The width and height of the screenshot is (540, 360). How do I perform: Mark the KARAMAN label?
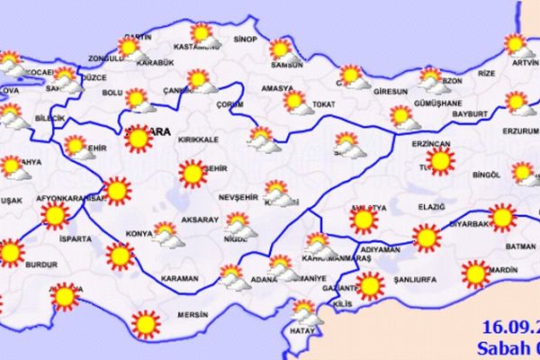(x=179, y=278)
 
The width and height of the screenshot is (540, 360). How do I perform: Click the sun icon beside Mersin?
(x=144, y=322)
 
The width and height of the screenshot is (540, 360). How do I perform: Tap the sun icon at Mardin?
(x=473, y=272)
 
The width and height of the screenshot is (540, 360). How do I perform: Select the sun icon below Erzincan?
(x=440, y=161)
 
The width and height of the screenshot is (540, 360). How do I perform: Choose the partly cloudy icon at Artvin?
(x=516, y=45)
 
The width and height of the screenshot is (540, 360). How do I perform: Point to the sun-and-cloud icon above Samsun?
(x=283, y=49)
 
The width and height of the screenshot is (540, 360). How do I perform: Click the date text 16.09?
(x=508, y=324)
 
